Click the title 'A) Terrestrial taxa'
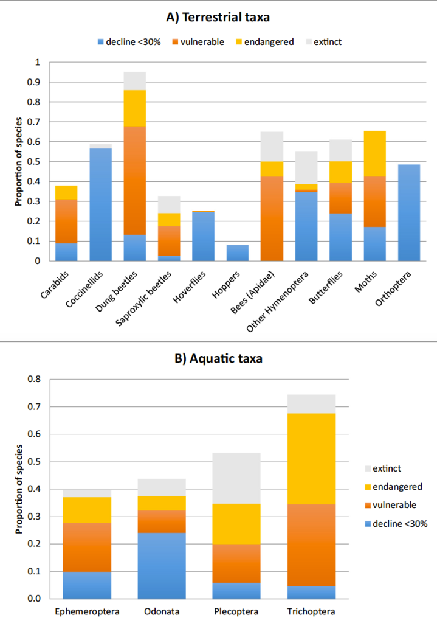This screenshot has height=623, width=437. [x=218, y=17]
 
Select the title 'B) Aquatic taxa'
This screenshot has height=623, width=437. [x=218, y=358]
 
